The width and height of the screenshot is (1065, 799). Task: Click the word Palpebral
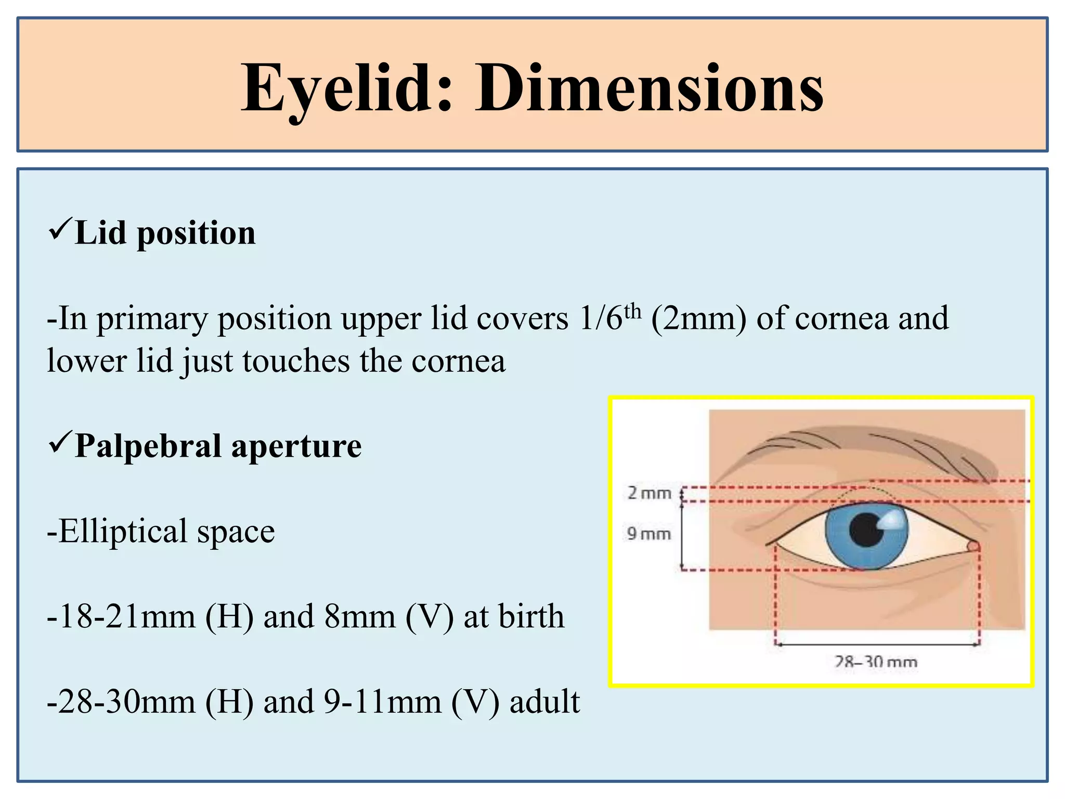[148, 446]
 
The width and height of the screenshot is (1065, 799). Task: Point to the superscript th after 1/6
[632, 311]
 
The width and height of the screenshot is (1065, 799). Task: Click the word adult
[544, 702]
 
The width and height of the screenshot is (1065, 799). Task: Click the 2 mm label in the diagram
[649, 493]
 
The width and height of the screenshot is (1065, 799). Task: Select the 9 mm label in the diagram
[648, 534]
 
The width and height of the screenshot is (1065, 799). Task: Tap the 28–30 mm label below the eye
[876, 662]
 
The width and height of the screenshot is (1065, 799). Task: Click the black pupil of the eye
[865, 530]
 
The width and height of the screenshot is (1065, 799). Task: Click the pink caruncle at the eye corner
[973, 546]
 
